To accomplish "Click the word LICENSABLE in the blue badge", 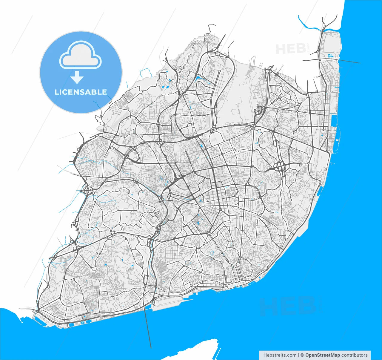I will [x=81, y=92].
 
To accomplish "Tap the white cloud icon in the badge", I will [x=81, y=55].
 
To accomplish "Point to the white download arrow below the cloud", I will [x=77, y=77].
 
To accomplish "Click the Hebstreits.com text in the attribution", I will [x=280, y=355].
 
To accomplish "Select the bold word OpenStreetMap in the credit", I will [x=322, y=355].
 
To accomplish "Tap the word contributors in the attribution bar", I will [x=355, y=355].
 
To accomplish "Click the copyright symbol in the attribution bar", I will [x=302, y=355].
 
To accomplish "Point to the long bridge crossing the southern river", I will [x=148, y=326].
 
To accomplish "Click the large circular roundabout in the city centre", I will [x=209, y=233].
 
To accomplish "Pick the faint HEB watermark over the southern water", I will [x=288, y=306].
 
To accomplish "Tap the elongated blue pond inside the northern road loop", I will [x=199, y=79].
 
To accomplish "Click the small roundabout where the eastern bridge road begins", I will [x=320, y=61].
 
